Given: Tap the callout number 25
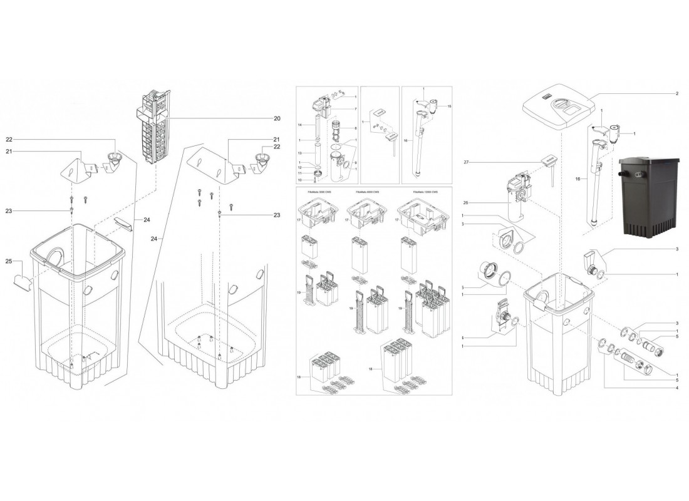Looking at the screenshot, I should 9,261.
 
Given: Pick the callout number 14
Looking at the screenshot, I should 300,125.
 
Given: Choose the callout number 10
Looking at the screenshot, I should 300,180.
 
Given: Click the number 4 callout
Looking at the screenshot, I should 676,388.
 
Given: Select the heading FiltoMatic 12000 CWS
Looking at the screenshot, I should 426,191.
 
